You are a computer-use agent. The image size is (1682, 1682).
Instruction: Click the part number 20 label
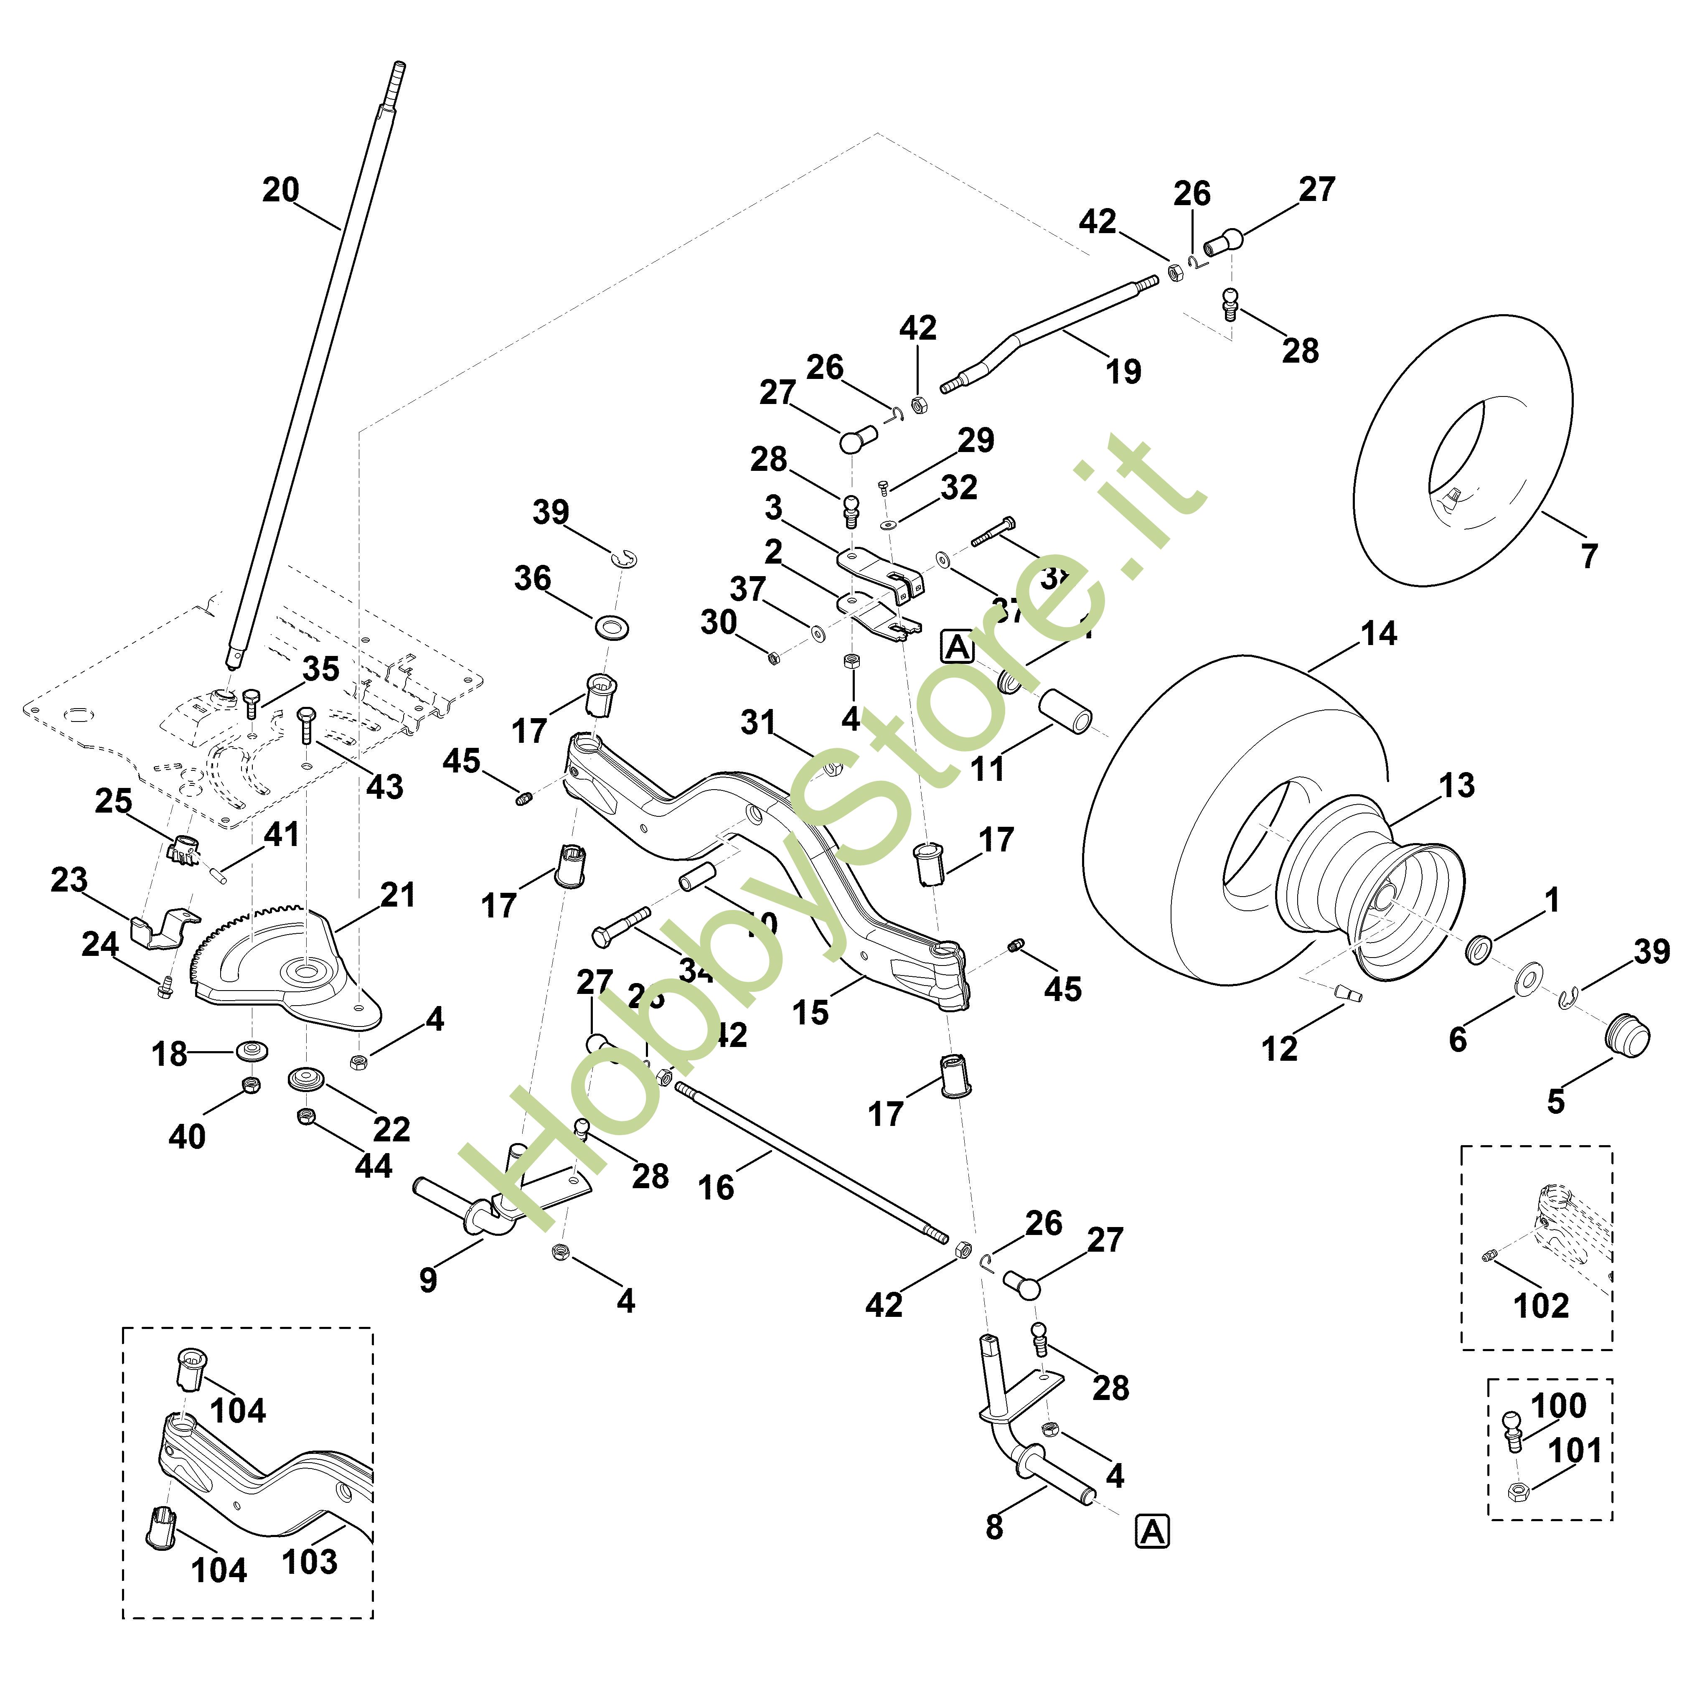click(x=280, y=190)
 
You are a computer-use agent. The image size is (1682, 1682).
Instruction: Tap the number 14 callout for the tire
click(x=1378, y=634)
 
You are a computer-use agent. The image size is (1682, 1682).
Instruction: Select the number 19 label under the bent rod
click(x=1123, y=372)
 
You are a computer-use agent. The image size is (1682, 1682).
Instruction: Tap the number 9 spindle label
click(x=427, y=1279)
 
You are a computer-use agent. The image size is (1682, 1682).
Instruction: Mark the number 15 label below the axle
click(x=811, y=1011)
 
